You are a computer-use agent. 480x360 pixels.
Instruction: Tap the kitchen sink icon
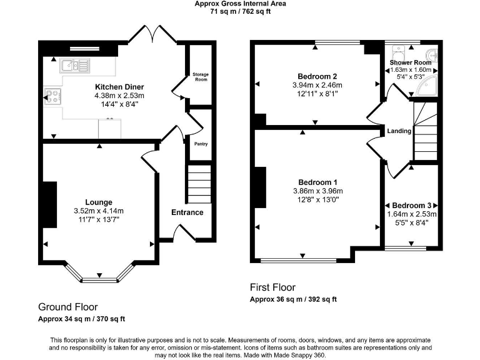pyautogui.click(x=69, y=65)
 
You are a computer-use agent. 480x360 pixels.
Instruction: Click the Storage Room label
pyautogui.click(x=201, y=77)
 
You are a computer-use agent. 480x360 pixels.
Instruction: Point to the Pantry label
pyautogui.click(x=201, y=144)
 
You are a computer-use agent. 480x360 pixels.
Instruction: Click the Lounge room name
pyautogui.click(x=99, y=202)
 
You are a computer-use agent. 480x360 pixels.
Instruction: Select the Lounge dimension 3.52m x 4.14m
pyautogui.click(x=99, y=211)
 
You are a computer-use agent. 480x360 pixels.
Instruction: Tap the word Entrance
pyautogui.click(x=187, y=212)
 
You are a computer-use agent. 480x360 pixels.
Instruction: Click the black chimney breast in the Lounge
pyautogui.click(x=47, y=206)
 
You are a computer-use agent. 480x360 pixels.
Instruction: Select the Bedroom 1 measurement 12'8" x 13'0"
pyautogui.click(x=317, y=200)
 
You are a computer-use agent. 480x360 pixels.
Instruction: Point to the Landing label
pyautogui.click(x=399, y=131)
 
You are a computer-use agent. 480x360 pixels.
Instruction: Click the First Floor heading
pyautogui.click(x=272, y=287)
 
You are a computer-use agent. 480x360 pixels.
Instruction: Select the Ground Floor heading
pyautogui.click(x=68, y=307)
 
